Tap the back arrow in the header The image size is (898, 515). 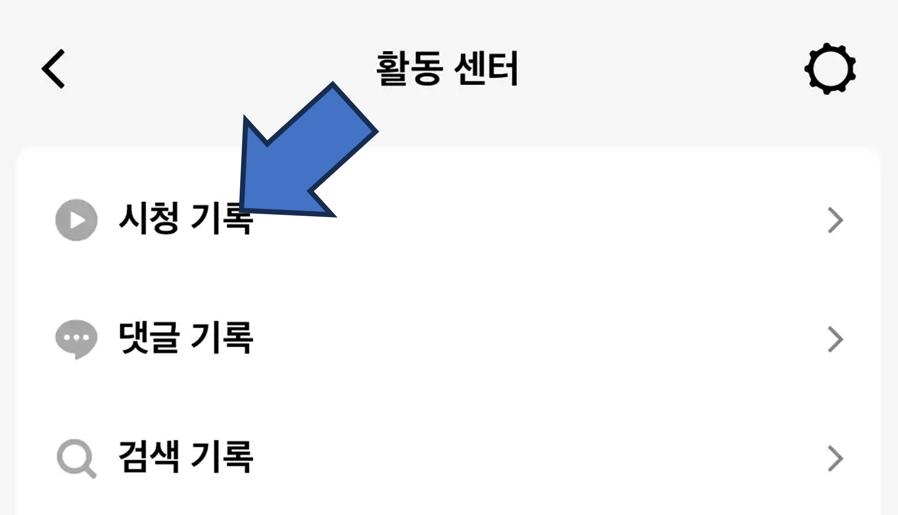coord(53,69)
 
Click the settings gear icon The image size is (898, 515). coord(830,69)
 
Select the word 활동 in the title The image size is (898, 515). coord(410,69)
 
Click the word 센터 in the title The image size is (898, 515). coord(486,69)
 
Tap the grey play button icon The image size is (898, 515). coord(76,220)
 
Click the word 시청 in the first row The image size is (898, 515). coord(149,219)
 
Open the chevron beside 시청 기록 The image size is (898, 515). coord(835,221)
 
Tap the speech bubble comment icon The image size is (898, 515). coord(76,338)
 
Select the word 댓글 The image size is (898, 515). coord(149,337)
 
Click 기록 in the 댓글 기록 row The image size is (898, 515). coord(222,337)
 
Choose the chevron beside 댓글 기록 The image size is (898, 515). coord(835,339)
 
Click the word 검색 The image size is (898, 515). coord(149,457)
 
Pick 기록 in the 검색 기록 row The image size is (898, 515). coord(222,457)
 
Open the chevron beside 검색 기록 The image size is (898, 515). coord(835,459)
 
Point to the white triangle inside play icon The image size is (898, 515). coord(78,220)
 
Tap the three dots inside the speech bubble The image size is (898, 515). coord(76,337)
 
